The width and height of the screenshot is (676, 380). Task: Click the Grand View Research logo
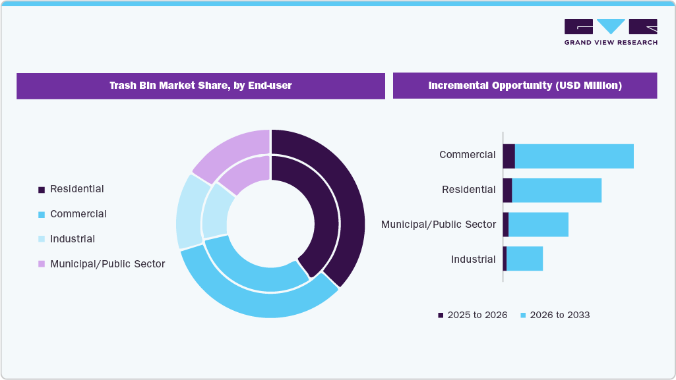611,32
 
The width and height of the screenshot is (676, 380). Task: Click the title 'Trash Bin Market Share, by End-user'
200,86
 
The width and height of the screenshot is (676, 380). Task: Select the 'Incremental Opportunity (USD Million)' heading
524,86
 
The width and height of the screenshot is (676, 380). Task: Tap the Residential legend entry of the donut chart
77,189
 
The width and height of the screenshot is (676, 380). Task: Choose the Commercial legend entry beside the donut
78,214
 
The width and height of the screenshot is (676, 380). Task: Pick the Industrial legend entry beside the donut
73,239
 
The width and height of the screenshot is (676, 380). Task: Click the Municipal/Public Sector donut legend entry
107,264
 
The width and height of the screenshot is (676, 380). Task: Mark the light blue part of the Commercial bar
574,156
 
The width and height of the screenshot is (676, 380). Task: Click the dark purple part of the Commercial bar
508,156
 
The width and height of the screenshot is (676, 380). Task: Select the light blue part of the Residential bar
557,190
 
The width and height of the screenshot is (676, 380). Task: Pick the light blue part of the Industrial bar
524,259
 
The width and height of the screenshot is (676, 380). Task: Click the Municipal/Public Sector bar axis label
439,225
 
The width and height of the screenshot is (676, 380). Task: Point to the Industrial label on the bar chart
473,259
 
